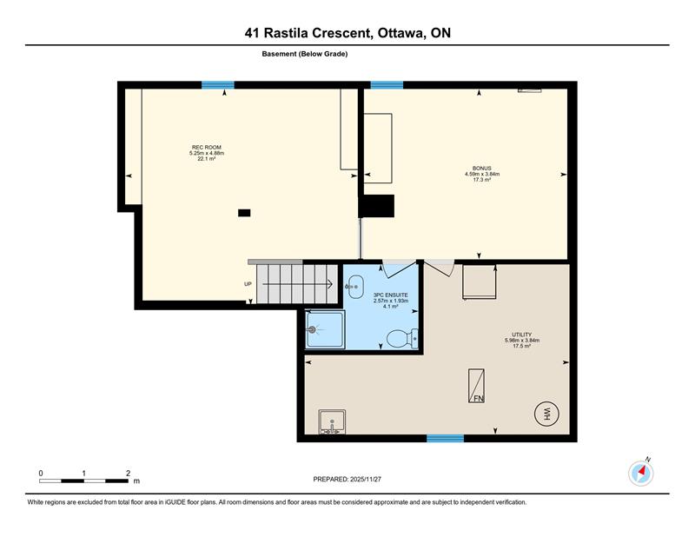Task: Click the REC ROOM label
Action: [207, 147]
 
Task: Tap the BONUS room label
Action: [482, 169]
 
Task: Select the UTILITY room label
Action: [522, 335]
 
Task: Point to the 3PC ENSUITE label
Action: [390, 295]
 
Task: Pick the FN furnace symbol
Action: [476, 386]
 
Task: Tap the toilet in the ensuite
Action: [402, 339]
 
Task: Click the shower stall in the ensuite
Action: [325, 329]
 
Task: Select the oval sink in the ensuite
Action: [355, 287]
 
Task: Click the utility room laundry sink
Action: [332, 421]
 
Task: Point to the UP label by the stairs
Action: [248, 284]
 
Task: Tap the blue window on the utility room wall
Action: [445, 438]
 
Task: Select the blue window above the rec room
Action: [218, 85]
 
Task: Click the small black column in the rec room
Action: [244, 213]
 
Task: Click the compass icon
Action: [641, 474]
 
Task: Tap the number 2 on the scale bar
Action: [128, 474]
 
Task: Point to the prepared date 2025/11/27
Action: [366, 480]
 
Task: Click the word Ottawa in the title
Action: [400, 33]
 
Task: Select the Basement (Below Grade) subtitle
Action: [305, 54]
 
